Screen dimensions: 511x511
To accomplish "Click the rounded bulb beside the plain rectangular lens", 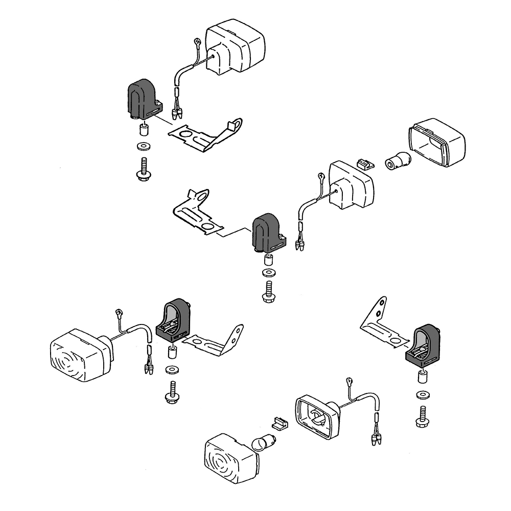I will pyautogui.click(x=396, y=161).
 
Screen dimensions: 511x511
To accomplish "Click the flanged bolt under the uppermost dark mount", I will pyautogui.click(x=143, y=171).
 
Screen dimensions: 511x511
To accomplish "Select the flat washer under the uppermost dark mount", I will pyautogui.click(x=143, y=147).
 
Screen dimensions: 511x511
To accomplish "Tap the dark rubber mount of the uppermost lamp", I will pyautogui.click(x=143, y=100).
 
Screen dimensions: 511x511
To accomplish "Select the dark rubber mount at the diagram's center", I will pyautogui.click(x=268, y=233).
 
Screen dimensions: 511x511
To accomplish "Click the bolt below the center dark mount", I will pyautogui.click(x=268, y=291).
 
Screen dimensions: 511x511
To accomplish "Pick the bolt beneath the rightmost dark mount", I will pyautogui.click(x=423, y=416).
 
